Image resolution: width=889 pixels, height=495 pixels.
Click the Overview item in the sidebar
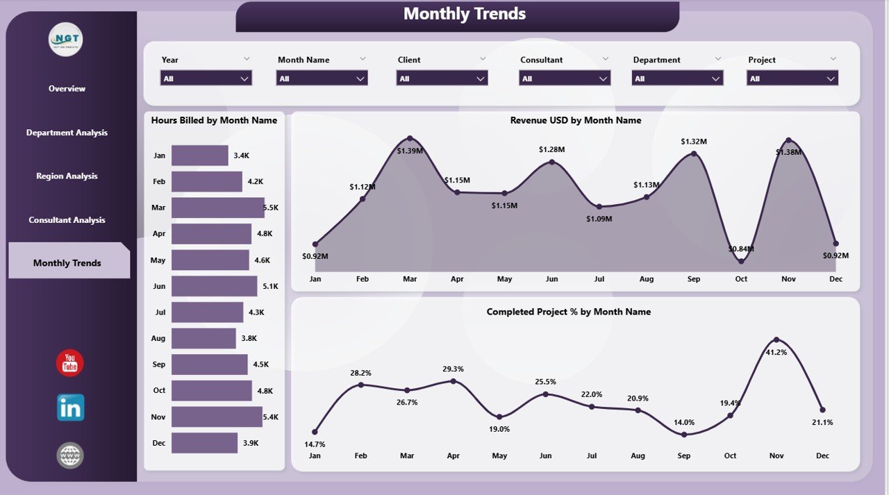67,89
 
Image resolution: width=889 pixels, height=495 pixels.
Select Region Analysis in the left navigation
67,176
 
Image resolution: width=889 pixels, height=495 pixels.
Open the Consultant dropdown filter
565,78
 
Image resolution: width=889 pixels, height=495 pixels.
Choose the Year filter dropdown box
206,78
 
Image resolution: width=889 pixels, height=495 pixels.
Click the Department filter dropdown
677,78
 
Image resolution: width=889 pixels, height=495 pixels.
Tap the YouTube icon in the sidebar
70,363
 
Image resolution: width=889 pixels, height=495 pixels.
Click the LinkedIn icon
70,408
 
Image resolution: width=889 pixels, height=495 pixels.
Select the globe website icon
70,455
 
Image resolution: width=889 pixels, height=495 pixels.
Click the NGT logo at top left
66,40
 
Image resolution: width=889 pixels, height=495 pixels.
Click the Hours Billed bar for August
203,338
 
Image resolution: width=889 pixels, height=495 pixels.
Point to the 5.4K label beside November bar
271,417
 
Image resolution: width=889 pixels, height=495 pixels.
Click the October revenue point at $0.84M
741,261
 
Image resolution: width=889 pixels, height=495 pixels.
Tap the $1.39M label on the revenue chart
409,150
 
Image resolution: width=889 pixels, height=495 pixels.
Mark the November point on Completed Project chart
776,339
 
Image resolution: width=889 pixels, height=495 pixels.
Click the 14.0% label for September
684,422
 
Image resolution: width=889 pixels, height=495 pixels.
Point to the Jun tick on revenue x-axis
551,279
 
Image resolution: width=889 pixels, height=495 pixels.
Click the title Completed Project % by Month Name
568,312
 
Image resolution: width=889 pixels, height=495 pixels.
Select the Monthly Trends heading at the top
464,14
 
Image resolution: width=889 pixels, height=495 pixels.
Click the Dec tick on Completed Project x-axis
822,456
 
